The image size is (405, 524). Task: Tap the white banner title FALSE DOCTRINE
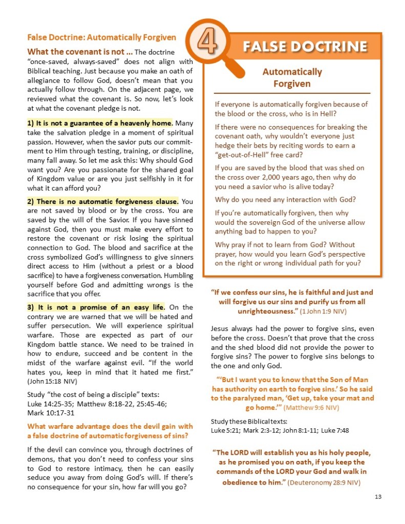[x=305, y=47]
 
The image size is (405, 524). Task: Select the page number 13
[x=378, y=497]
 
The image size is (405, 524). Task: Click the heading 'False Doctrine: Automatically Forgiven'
[x=101, y=37]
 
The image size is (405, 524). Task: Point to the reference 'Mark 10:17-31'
[x=50, y=412]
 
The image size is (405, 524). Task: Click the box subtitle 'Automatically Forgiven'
[x=292, y=77]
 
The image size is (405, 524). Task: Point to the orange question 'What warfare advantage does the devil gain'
[x=110, y=426]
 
